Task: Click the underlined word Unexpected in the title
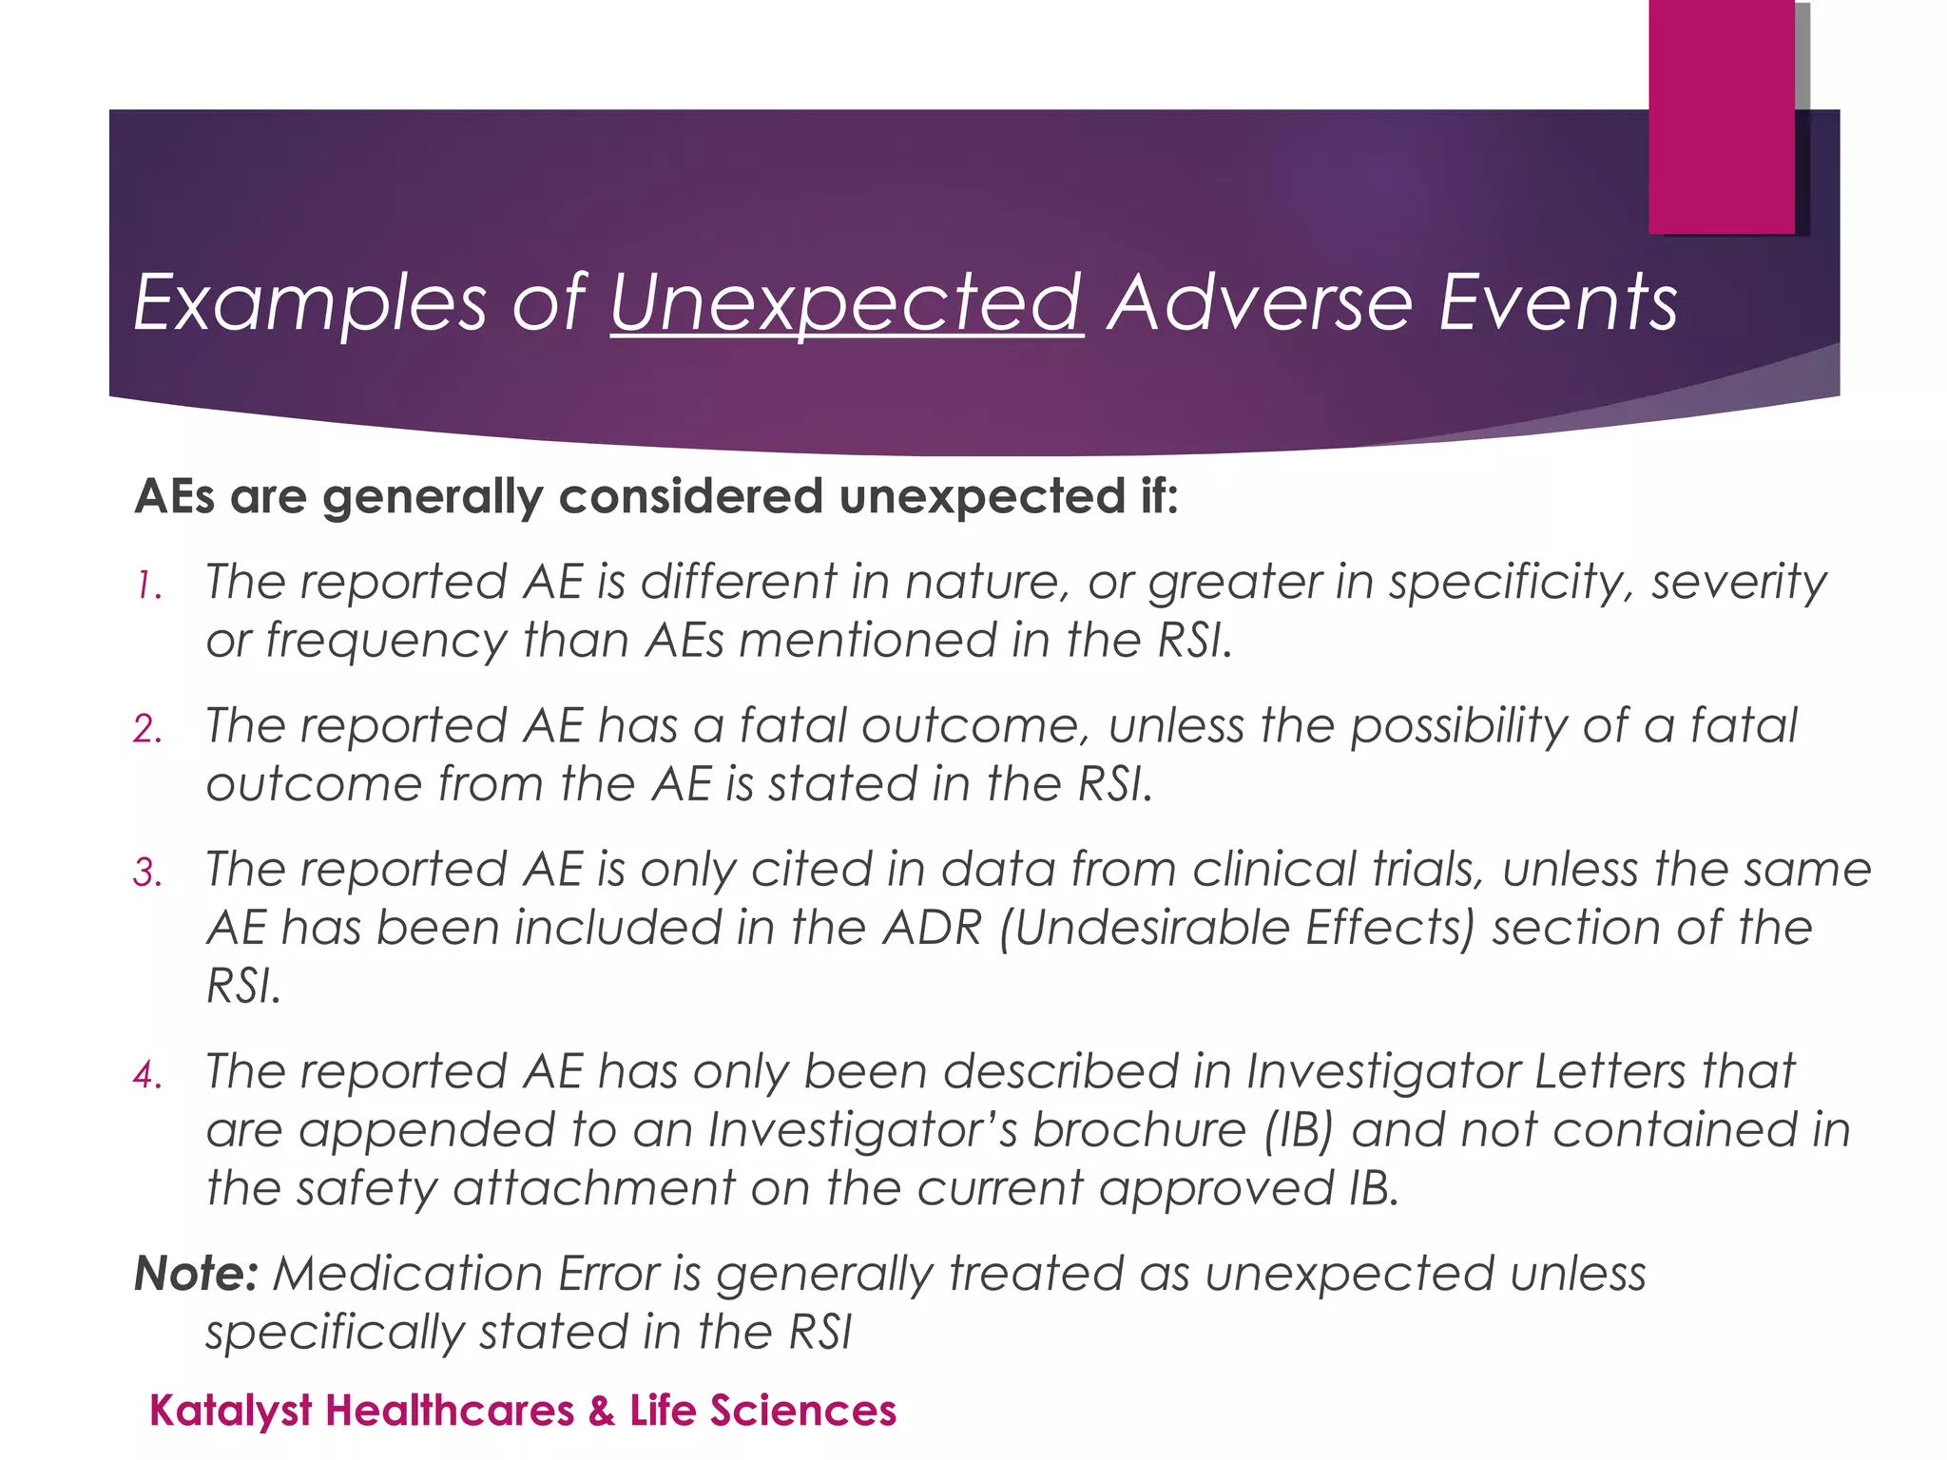click(846, 302)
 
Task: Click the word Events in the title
click(1557, 302)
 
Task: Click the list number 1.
click(147, 586)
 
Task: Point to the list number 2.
click(147, 730)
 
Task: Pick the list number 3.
click(147, 874)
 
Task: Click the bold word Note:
click(196, 1274)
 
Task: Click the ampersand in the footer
click(601, 1411)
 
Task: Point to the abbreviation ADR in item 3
click(932, 928)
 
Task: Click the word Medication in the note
click(408, 1274)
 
